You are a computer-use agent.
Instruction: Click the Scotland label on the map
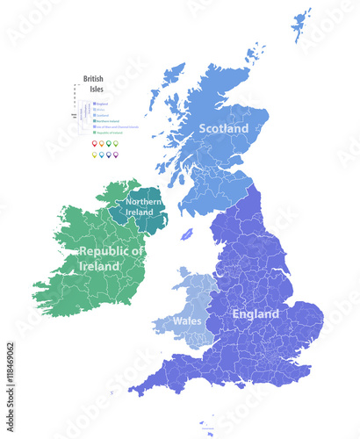point(224,128)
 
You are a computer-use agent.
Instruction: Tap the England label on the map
point(256,313)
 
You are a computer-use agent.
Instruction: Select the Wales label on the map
point(185,320)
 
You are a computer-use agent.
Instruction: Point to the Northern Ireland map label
point(143,207)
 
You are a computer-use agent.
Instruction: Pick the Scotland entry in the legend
point(102,115)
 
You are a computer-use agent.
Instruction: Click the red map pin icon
point(94,143)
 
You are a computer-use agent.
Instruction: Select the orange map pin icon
point(101,143)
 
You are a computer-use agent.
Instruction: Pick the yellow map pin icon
point(94,155)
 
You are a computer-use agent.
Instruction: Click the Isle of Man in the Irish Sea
point(187,235)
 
